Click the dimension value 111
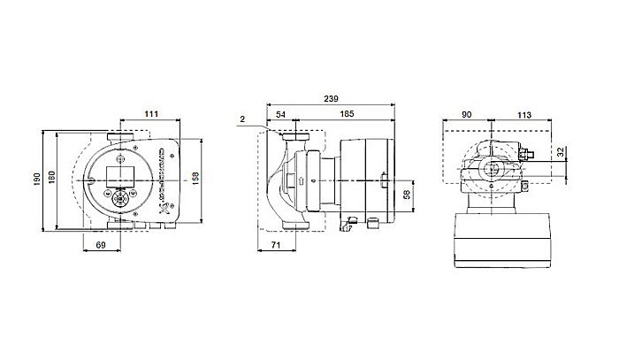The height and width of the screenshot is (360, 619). (152, 114)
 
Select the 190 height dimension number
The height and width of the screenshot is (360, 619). (36, 180)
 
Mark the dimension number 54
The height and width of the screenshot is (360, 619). (281, 114)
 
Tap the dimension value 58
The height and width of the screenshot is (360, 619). (407, 195)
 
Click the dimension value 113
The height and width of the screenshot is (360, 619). (523, 114)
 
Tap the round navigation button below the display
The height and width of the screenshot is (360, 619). (118, 194)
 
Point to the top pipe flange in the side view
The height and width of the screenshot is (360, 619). (293, 138)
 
